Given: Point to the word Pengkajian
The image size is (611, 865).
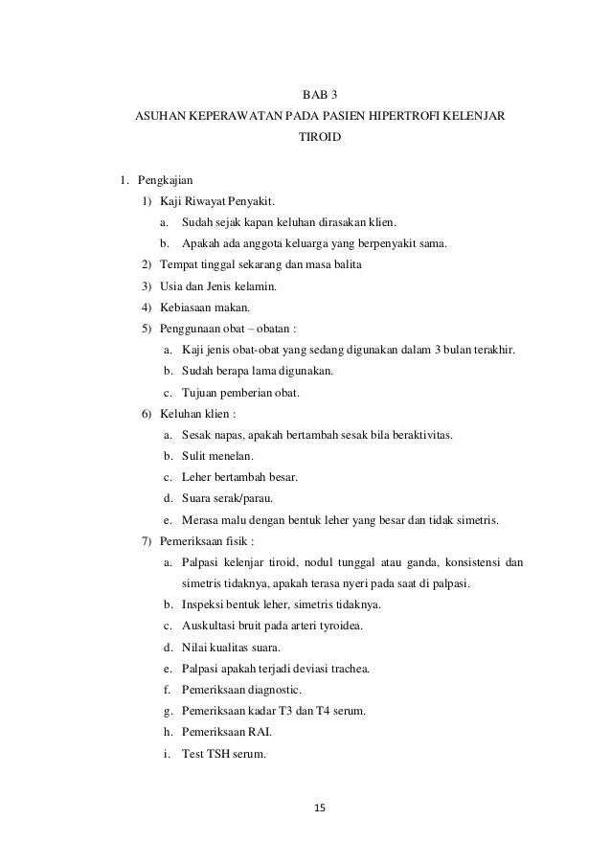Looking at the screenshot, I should coord(166,179).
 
